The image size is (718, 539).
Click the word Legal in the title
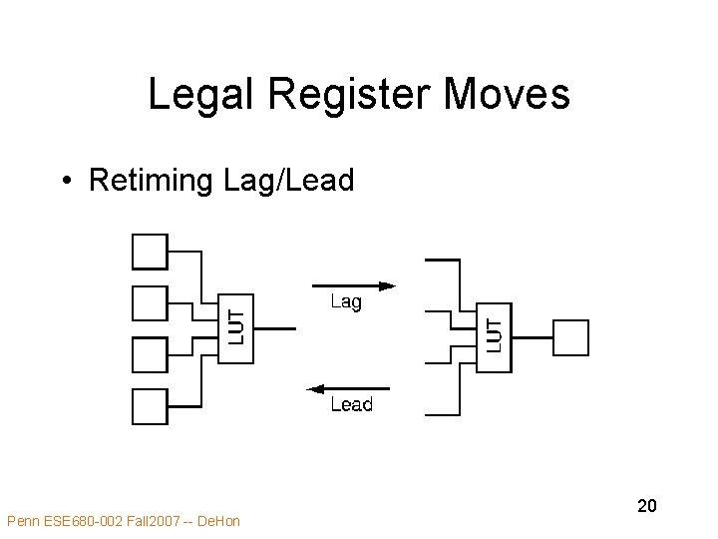(x=201, y=96)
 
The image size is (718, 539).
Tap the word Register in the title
(x=350, y=96)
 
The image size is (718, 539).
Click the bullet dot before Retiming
(x=64, y=182)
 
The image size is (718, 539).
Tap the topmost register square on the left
(x=150, y=251)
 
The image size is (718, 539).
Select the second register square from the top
(x=150, y=302)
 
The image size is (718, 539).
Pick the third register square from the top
(x=150, y=354)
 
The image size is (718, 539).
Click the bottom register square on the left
(x=150, y=406)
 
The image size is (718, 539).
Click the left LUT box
(x=236, y=328)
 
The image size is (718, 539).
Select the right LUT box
(x=495, y=336)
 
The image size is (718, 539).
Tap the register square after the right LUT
(x=570, y=337)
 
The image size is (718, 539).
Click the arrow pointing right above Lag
(x=354, y=285)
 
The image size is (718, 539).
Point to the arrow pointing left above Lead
(x=348, y=388)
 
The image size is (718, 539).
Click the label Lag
(x=346, y=301)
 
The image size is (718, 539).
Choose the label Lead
(x=351, y=404)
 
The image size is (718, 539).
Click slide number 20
(x=647, y=506)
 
